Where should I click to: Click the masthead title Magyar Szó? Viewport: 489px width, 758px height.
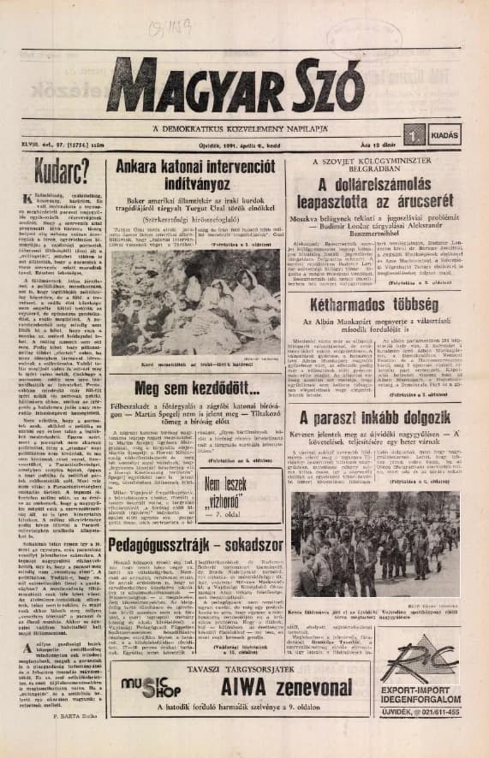click(x=244, y=88)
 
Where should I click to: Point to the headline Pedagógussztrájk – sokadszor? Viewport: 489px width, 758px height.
click(x=196, y=545)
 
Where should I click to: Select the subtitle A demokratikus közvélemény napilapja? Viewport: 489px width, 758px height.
click(x=244, y=128)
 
